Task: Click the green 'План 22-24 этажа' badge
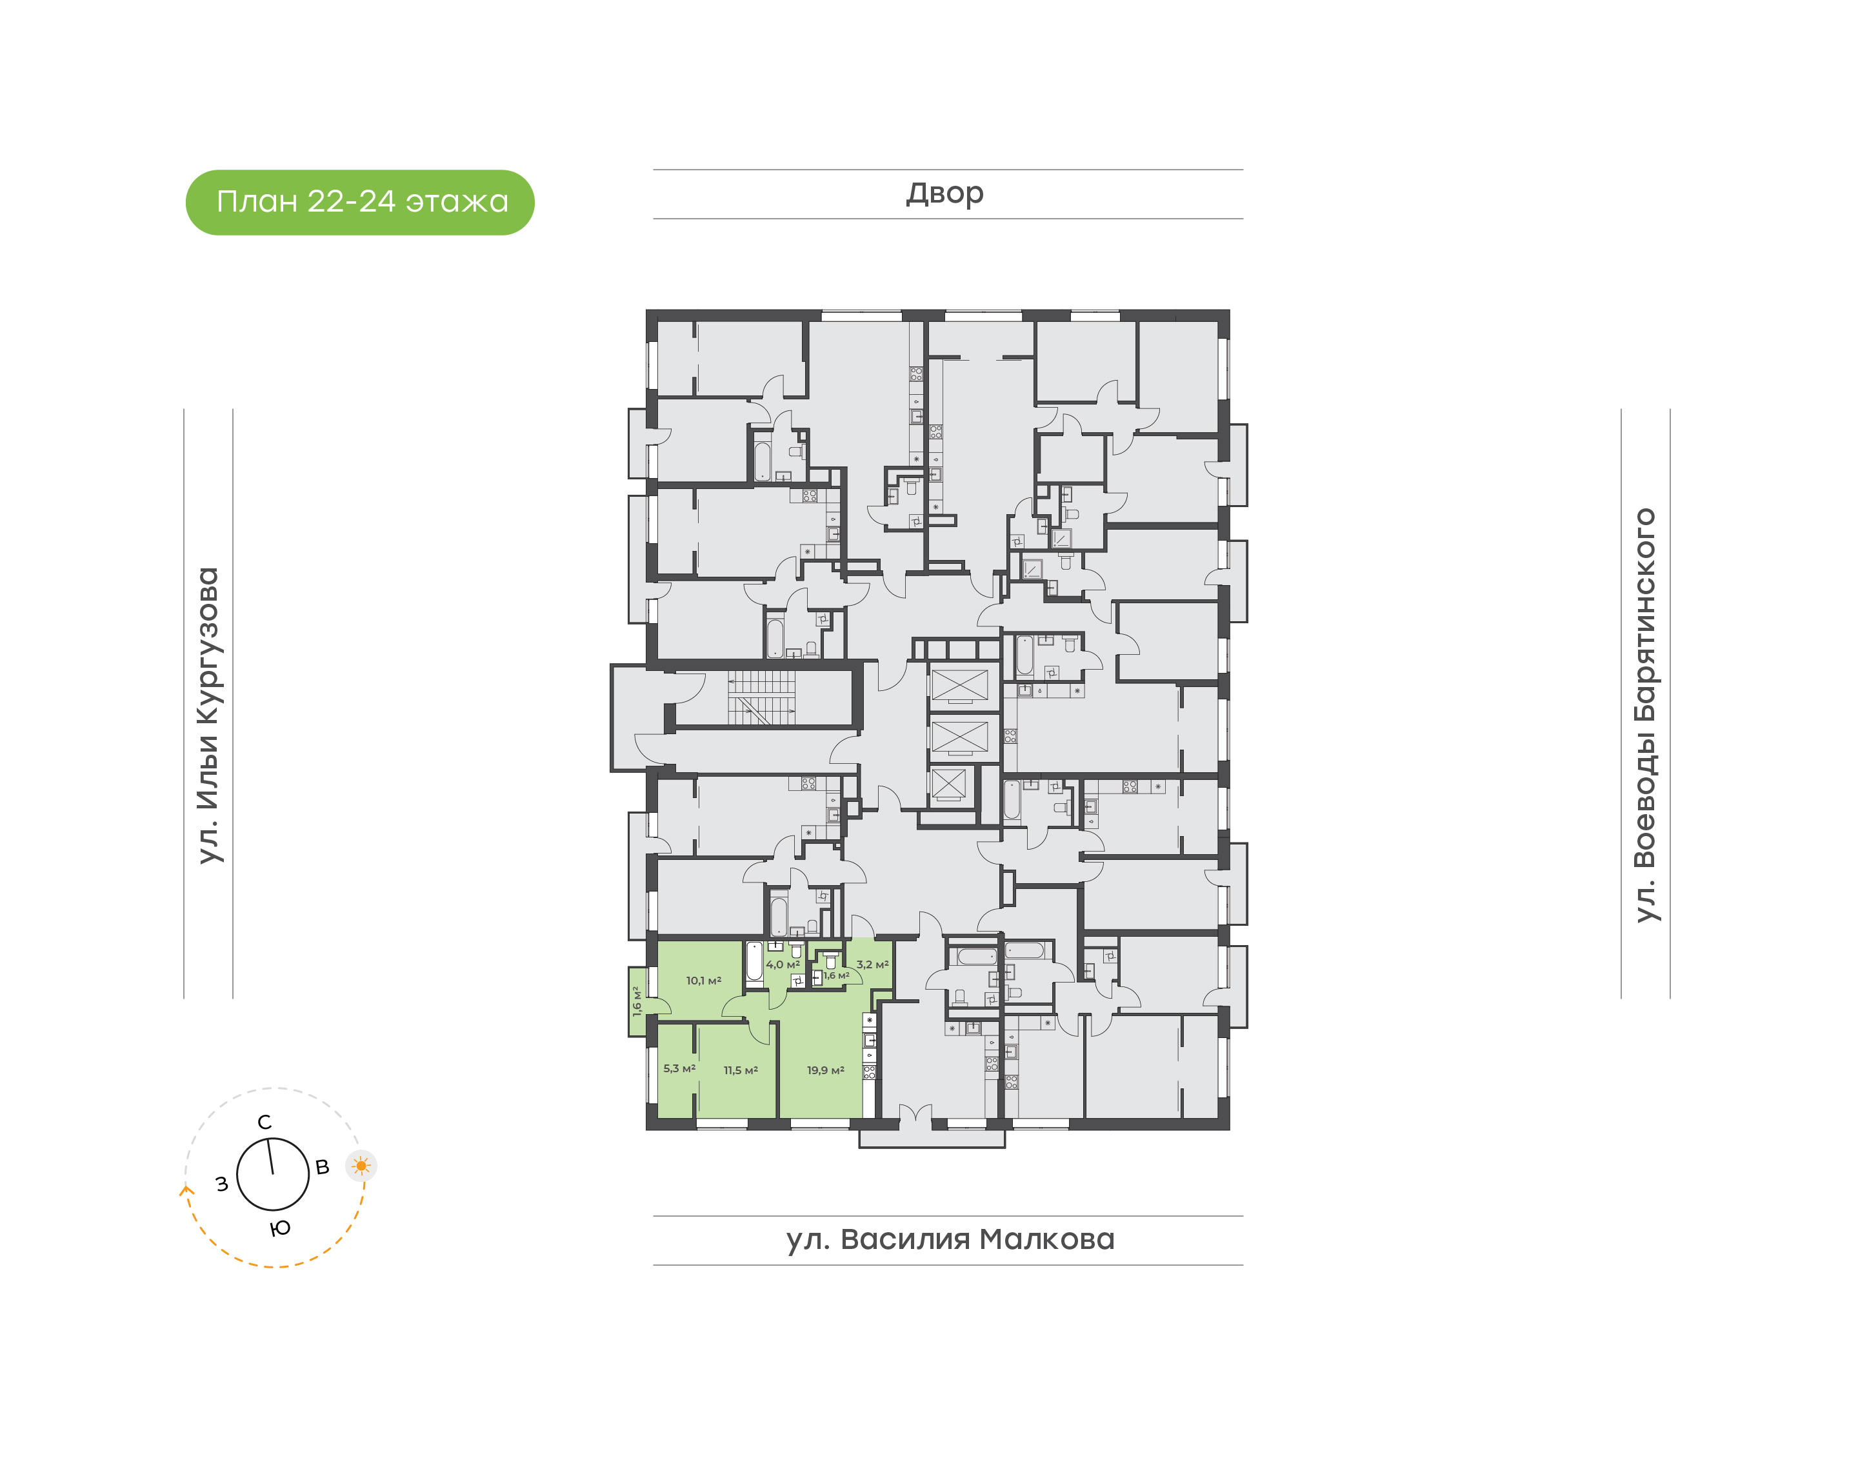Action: click(360, 203)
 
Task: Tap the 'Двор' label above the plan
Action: click(944, 194)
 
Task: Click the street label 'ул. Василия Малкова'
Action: click(950, 1239)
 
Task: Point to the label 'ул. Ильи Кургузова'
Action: click(208, 715)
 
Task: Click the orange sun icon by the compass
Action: click(361, 1165)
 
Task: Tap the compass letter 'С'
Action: click(265, 1123)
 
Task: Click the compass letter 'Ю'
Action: click(280, 1228)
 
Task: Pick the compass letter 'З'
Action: click(222, 1184)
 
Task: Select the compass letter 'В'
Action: click(323, 1167)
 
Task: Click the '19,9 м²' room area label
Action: click(825, 1070)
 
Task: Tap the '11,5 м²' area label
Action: click(741, 1070)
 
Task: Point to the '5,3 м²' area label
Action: click(679, 1069)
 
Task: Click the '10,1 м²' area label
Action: click(703, 981)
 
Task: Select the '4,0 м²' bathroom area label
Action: click(783, 964)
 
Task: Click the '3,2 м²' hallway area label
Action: click(872, 964)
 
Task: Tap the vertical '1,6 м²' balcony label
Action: click(637, 1001)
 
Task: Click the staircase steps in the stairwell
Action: click(761, 697)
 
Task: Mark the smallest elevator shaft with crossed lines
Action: click(948, 784)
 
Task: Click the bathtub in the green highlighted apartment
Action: click(754, 961)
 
